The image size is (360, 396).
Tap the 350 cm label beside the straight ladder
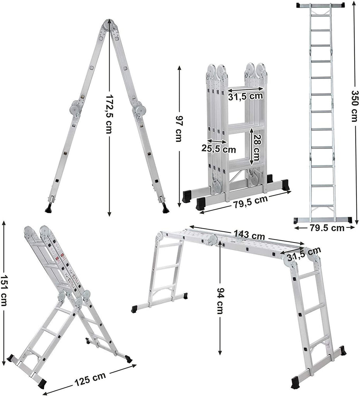tap(354, 106)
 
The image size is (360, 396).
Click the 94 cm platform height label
tap(219, 300)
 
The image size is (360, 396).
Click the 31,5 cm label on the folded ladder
tap(245, 96)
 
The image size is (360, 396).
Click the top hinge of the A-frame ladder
tap(109, 24)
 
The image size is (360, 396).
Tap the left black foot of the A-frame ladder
tap(49, 209)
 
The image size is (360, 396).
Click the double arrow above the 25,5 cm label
tap(217, 141)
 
